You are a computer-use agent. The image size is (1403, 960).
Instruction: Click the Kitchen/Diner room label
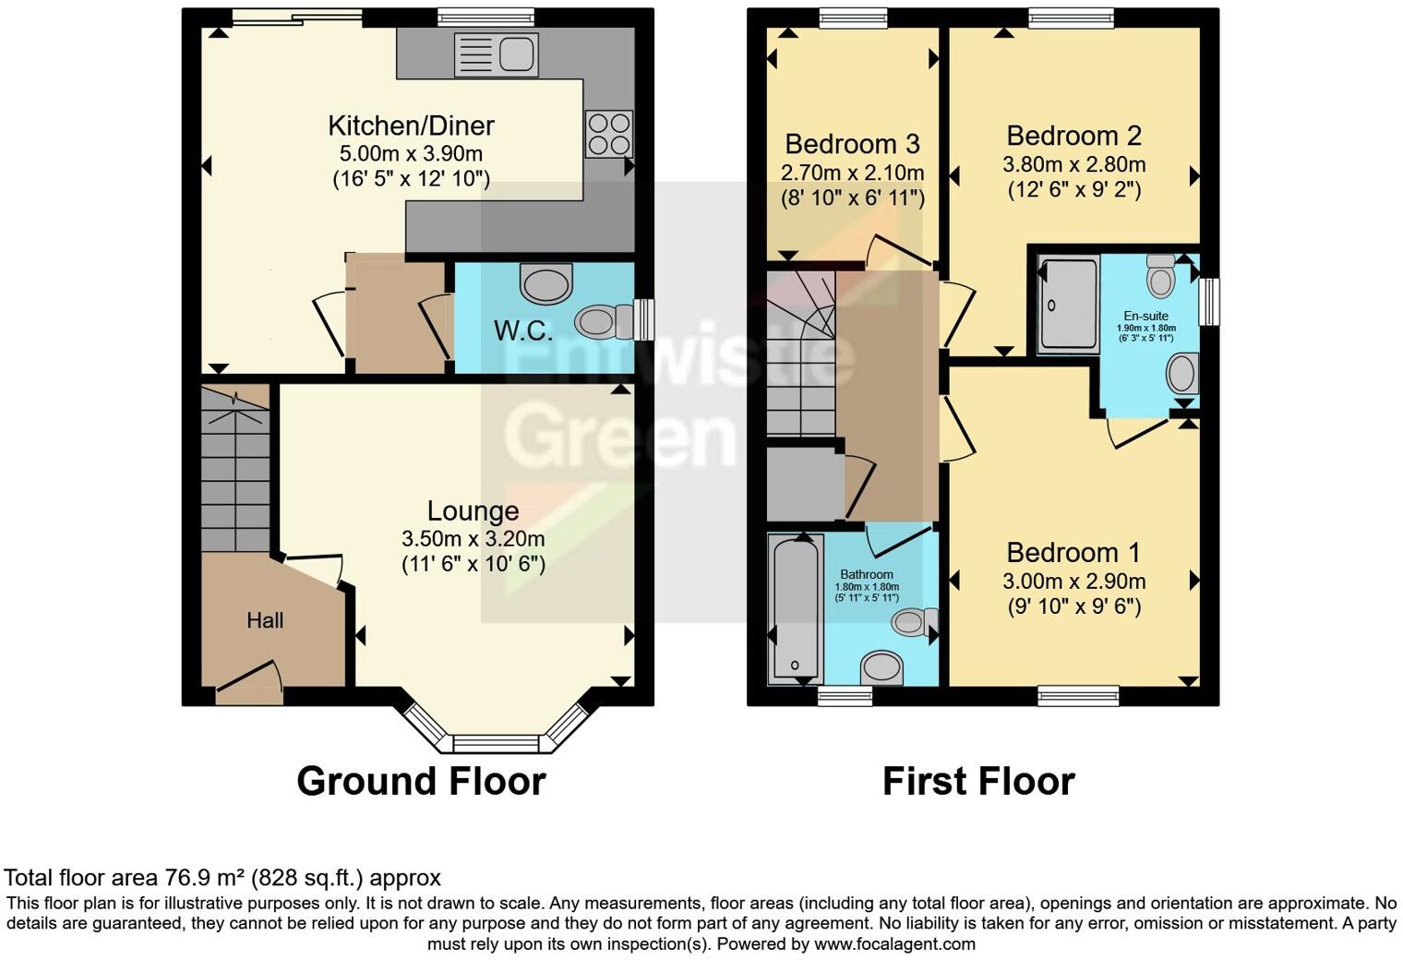click(412, 126)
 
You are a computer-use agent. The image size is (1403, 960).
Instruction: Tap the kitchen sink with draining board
click(496, 54)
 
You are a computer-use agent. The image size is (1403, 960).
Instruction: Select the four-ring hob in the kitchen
click(609, 134)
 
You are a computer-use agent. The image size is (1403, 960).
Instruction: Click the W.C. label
click(523, 330)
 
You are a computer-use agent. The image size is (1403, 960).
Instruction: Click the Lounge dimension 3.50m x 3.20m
click(473, 538)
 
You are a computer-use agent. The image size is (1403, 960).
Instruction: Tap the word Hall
click(265, 620)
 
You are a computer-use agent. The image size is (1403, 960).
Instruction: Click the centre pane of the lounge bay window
click(495, 743)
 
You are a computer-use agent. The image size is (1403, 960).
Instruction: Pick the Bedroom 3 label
click(852, 144)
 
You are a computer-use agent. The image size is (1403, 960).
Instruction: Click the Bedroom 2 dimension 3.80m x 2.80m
click(1074, 165)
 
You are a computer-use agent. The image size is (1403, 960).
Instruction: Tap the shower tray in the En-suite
click(1069, 305)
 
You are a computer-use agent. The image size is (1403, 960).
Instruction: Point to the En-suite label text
click(1145, 316)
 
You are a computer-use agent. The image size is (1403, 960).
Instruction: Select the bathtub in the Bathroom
click(793, 609)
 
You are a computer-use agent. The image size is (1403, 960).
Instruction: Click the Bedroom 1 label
click(1073, 553)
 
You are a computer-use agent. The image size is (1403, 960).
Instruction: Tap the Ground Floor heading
click(421, 781)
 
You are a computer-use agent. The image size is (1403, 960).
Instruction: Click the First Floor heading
click(978, 781)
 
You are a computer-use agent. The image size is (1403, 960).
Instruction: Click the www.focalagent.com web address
click(894, 944)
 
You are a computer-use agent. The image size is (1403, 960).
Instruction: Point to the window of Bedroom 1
click(1078, 695)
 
